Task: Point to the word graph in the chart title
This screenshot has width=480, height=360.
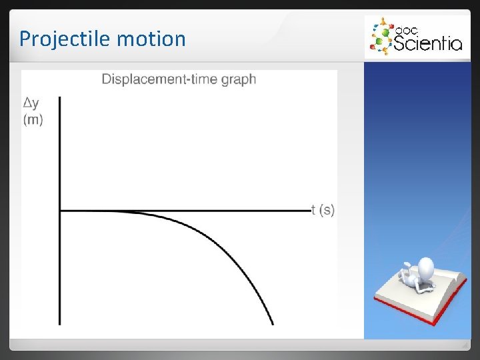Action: (x=239, y=80)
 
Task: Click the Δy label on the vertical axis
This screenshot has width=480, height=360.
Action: (x=31, y=103)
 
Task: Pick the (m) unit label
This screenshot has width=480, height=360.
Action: (x=33, y=120)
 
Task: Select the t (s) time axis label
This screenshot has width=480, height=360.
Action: (x=323, y=210)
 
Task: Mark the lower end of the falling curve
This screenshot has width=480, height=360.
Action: (x=272, y=324)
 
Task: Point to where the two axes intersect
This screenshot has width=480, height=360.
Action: (x=60, y=211)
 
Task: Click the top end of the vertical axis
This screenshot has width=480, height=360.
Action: (x=60, y=98)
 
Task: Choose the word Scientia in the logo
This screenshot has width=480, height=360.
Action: (x=427, y=43)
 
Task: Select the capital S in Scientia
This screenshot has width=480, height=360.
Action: (x=399, y=43)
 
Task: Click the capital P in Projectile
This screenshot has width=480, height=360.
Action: (x=25, y=39)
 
